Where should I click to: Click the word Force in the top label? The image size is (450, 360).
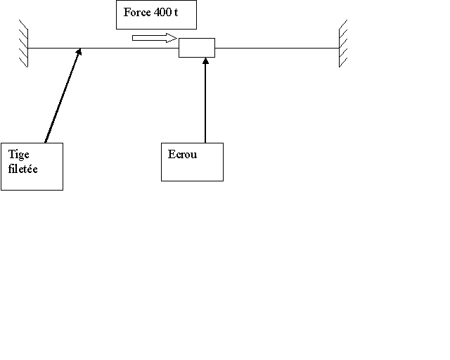(x=136, y=13)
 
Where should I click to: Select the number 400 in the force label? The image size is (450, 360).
(x=162, y=13)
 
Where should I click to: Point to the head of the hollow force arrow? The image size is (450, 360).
(x=172, y=37)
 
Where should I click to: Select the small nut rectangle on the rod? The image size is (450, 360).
(x=197, y=48)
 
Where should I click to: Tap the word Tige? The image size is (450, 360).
(x=17, y=154)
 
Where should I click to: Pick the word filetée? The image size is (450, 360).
(x=22, y=169)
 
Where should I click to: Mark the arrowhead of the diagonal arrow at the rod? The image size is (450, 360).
(x=81, y=52)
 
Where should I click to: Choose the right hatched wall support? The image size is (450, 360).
(x=343, y=44)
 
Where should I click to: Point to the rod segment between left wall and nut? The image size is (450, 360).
(x=127, y=48)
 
